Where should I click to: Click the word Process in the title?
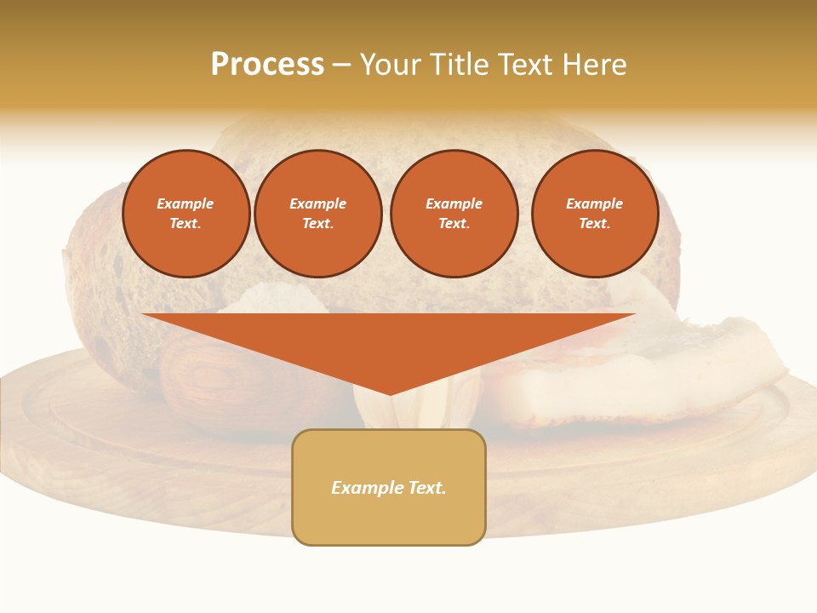267,65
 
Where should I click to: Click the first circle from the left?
186,214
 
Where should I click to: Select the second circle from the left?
317,214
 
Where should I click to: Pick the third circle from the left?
454,214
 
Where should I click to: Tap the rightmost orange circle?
594,214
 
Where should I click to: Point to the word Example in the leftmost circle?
186,203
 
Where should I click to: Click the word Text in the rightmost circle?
594,224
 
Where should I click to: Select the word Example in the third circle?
454,203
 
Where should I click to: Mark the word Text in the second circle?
317,224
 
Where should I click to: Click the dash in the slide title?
341,65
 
